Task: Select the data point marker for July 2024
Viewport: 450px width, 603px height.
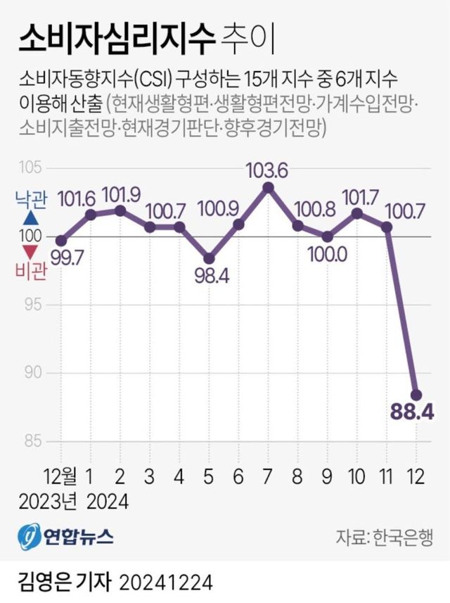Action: tap(268, 186)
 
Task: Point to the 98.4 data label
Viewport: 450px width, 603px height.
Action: tap(210, 273)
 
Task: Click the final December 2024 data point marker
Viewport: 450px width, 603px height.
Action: tap(416, 394)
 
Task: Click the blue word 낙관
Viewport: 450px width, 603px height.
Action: tap(31, 201)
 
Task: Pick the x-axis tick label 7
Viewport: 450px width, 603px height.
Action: tap(268, 476)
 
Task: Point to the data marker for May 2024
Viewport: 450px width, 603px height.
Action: tap(209, 258)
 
